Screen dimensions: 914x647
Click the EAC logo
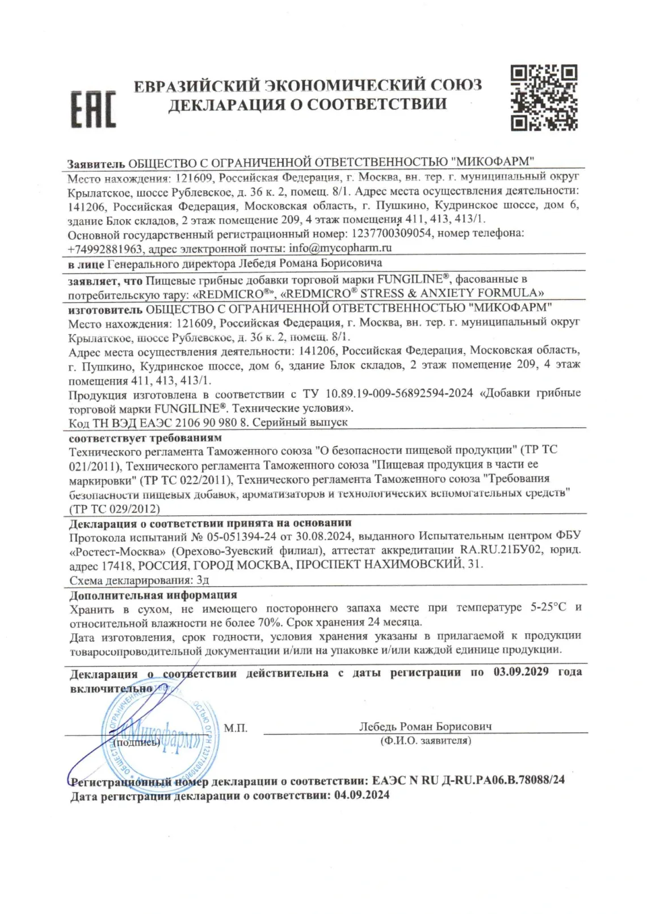click(93, 108)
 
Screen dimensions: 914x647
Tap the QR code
click(544, 98)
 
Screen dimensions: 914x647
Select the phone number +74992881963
click(106, 248)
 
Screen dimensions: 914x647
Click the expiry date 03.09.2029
click(521, 672)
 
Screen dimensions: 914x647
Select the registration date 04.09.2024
click(362, 795)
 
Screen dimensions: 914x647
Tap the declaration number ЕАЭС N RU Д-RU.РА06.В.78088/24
click(468, 780)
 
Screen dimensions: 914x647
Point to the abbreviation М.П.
click(236, 728)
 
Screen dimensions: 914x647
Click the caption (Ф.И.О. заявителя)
click(425, 740)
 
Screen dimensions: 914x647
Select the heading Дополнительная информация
click(153, 595)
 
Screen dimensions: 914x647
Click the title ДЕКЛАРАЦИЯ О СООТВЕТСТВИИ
click(308, 104)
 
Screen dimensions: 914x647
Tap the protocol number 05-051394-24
click(265, 536)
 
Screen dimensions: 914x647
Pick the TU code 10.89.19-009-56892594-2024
click(400, 393)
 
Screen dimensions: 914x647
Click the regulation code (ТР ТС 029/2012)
click(114, 508)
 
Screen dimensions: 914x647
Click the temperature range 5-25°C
click(548, 608)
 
